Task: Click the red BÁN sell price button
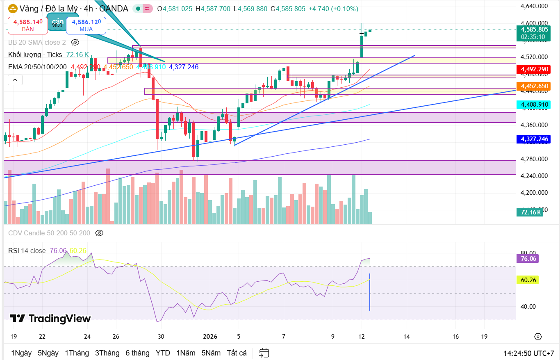(x=28, y=25)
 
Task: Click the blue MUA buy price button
(x=86, y=25)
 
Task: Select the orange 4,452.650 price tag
(x=534, y=86)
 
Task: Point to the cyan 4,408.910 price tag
(x=534, y=105)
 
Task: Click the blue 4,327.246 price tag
(x=534, y=139)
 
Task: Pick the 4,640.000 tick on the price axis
(x=534, y=6)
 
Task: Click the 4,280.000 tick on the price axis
(x=534, y=159)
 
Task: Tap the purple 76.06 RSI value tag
(x=529, y=258)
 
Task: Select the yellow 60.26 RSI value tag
(x=529, y=280)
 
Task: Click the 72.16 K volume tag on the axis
(x=531, y=212)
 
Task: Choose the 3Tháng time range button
(x=107, y=353)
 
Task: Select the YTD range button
(x=163, y=353)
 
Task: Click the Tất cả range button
(x=237, y=353)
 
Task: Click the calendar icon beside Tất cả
(x=264, y=353)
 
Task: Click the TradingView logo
(x=50, y=319)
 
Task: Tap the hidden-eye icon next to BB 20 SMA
(x=75, y=42)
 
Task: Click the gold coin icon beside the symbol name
(x=13, y=9)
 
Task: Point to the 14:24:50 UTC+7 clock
(x=529, y=353)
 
